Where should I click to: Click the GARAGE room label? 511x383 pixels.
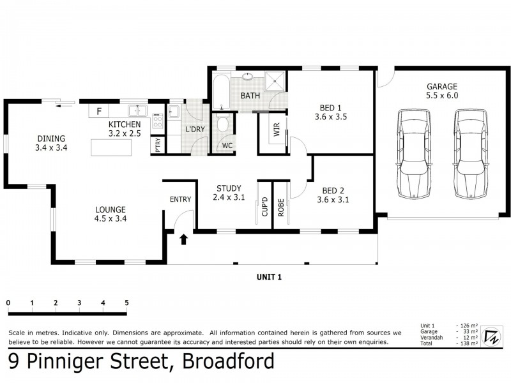443,86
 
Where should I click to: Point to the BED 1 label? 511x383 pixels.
330,107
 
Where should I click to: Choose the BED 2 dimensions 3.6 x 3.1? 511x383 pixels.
332,199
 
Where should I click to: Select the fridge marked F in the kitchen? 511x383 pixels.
98,111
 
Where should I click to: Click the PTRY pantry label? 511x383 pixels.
158,146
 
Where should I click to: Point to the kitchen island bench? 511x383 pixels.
112,148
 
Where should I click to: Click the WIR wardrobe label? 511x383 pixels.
277,130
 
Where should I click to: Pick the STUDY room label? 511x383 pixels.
228,188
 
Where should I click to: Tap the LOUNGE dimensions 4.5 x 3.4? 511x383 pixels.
111,219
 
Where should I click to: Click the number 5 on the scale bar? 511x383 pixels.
126,303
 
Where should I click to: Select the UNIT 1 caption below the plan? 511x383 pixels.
269,276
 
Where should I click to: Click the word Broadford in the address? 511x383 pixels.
229,362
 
